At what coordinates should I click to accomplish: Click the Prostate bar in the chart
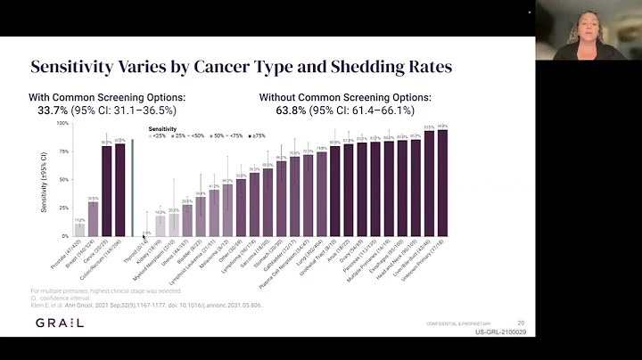coord(79,230)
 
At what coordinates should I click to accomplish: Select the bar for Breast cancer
coord(93,219)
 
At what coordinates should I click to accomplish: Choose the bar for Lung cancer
coord(321,194)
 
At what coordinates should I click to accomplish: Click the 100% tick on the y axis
coord(62,123)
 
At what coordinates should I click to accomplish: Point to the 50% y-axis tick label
coord(63,180)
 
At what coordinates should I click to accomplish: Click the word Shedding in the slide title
coord(334,67)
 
